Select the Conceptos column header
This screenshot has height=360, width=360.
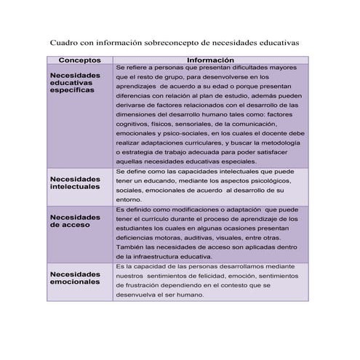(x=79, y=60)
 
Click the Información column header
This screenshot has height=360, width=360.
(x=210, y=60)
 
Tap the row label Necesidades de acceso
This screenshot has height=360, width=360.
(x=75, y=221)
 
